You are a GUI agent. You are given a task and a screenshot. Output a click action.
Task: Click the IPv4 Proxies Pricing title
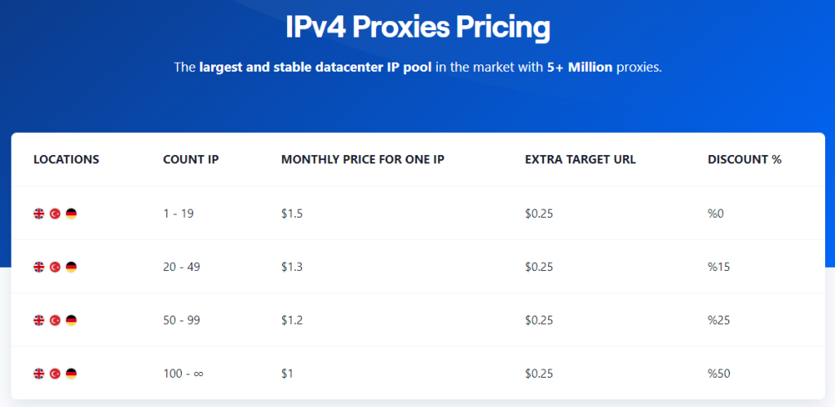pyautogui.click(x=417, y=28)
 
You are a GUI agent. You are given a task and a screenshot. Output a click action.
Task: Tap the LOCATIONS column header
pyautogui.click(x=66, y=160)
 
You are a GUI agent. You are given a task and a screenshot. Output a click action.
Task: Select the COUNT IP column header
pyautogui.click(x=191, y=160)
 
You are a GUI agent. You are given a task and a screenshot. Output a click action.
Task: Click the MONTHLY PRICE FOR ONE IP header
pyautogui.click(x=362, y=160)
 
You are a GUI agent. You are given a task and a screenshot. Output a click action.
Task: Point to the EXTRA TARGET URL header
pyautogui.click(x=580, y=160)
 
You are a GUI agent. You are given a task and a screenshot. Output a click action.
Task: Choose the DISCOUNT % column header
pyautogui.click(x=744, y=160)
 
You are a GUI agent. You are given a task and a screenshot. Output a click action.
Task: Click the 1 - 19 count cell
pyautogui.click(x=179, y=214)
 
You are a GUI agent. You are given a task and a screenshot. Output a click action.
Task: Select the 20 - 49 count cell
pyautogui.click(x=182, y=267)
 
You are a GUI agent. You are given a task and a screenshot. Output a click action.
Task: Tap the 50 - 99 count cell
pyautogui.click(x=182, y=321)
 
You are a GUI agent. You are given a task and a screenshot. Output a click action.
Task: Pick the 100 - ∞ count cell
pyautogui.click(x=183, y=374)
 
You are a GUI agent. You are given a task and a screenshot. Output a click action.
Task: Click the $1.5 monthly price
pyautogui.click(x=292, y=214)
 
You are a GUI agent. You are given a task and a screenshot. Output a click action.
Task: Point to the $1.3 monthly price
pyautogui.click(x=292, y=267)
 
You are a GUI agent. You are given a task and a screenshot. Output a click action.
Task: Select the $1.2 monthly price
pyautogui.click(x=292, y=321)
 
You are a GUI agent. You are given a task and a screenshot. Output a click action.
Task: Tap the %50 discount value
pyautogui.click(x=719, y=374)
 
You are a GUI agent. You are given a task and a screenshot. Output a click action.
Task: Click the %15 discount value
pyautogui.click(x=718, y=267)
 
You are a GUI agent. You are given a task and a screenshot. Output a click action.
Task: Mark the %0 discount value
pyautogui.click(x=716, y=214)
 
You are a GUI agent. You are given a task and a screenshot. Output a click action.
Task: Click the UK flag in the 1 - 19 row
pyautogui.click(x=39, y=214)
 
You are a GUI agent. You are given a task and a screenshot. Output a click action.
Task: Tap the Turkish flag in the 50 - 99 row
pyautogui.click(x=55, y=321)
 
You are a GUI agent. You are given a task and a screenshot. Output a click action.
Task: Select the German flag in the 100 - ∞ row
pyautogui.click(x=71, y=374)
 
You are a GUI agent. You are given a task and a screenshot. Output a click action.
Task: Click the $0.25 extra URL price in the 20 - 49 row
pyautogui.click(x=539, y=267)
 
